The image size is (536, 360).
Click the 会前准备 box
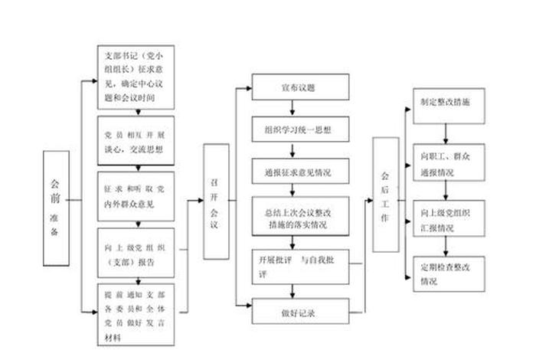tap(54, 207)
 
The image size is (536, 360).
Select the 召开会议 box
tap(214, 200)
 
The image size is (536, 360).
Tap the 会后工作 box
tap(385, 195)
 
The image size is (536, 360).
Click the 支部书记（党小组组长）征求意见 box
tap(136, 77)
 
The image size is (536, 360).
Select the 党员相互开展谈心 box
tap(136, 142)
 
